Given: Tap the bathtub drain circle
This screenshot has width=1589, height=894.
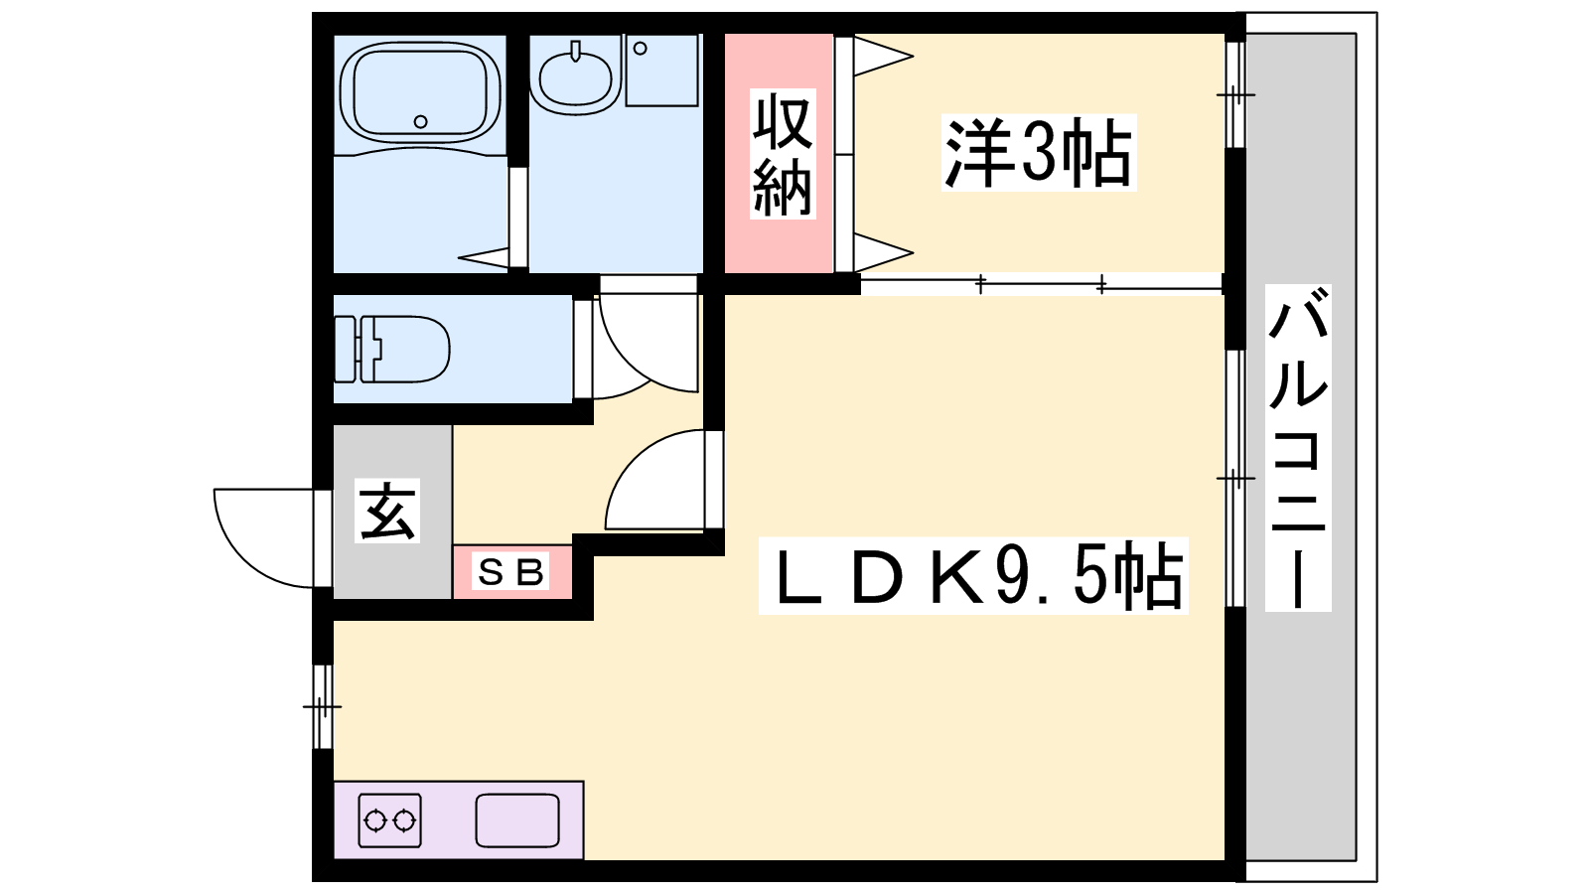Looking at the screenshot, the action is (421, 121).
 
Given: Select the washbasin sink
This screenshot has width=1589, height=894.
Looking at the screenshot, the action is (575, 76).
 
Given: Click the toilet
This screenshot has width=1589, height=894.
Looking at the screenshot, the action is (391, 349).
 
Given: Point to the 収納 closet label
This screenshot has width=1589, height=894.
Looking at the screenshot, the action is (783, 155).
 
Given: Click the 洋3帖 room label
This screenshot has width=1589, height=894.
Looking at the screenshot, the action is (1039, 153).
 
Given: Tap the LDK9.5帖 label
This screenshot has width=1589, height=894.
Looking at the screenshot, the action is (973, 576).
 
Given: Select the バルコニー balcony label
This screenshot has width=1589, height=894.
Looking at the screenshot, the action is (1298, 448).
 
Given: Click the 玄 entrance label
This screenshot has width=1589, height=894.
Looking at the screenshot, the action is (387, 511).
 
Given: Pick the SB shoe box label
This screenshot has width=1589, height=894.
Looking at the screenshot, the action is (511, 571).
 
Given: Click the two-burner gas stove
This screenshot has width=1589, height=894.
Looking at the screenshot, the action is (389, 820).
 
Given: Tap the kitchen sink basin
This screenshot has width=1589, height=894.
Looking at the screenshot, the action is (517, 820).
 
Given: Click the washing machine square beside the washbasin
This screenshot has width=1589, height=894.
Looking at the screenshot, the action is (661, 71).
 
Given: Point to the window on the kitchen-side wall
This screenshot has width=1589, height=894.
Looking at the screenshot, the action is (323, 706).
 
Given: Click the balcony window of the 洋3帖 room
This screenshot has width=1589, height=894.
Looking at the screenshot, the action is (1235, 94).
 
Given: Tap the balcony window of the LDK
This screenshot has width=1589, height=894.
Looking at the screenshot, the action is (1235, 479).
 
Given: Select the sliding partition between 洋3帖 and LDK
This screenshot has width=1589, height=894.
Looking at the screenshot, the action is (1042, 284).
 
